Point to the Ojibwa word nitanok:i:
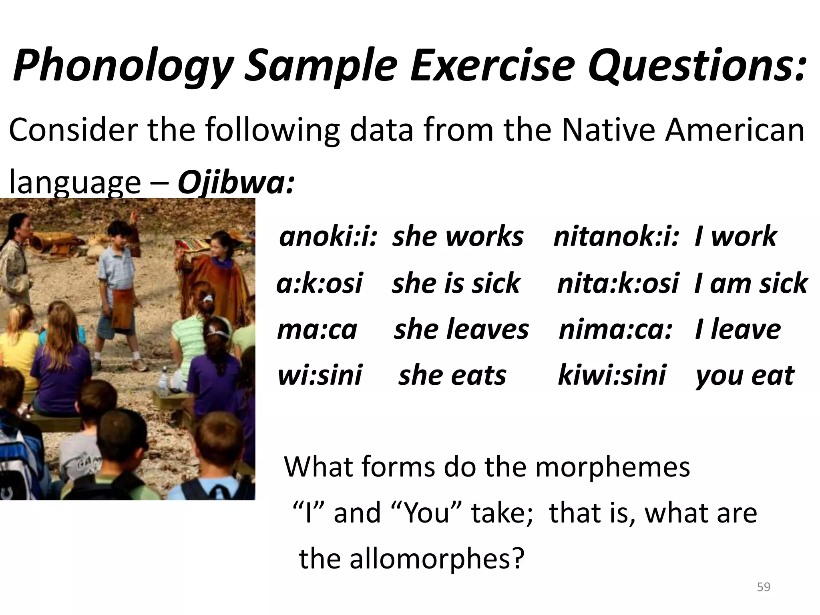(616, 236)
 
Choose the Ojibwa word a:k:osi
(320, 283)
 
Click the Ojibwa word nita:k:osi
(618, 283)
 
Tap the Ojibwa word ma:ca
(317, 329)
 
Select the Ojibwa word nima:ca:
(615, 329)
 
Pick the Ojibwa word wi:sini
(320, 376)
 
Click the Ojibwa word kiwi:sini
(611, 376)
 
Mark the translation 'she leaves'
(461, 329)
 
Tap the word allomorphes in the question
(436, 559)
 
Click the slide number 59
(764, 587)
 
